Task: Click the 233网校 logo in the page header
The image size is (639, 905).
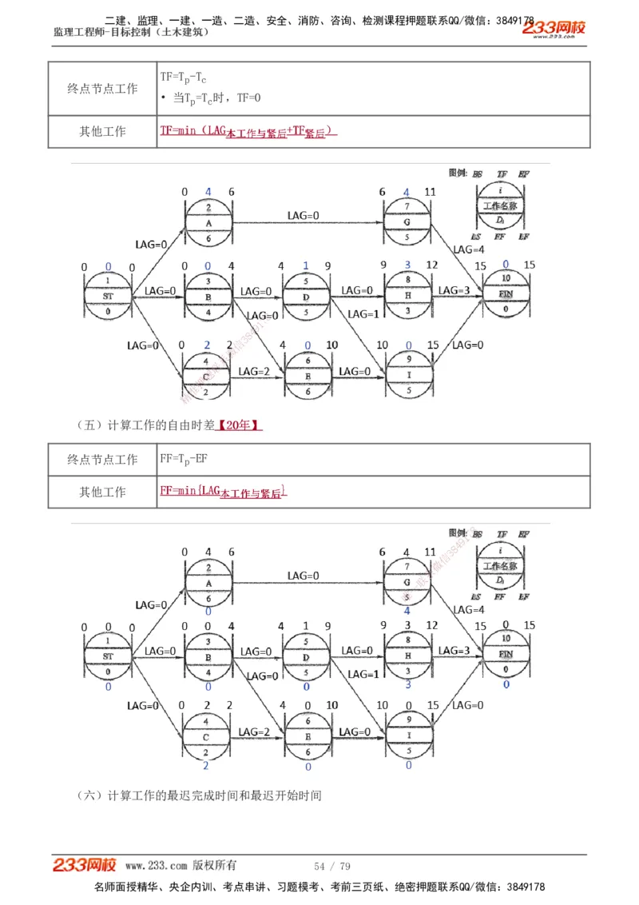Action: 554,30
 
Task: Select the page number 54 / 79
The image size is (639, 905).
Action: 332,866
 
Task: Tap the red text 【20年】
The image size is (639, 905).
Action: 242,426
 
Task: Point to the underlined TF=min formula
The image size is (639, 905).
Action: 248,131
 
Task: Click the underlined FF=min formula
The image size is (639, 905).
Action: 223,492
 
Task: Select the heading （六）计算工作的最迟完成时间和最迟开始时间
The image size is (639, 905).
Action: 200,795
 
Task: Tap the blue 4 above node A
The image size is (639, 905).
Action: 208,192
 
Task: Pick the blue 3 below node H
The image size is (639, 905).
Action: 407,684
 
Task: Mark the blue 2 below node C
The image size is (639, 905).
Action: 206,766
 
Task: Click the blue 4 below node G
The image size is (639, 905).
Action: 407,611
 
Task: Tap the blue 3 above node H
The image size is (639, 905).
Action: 407,265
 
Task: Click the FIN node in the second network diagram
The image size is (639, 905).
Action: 506,654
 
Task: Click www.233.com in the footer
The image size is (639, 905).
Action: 156,865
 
